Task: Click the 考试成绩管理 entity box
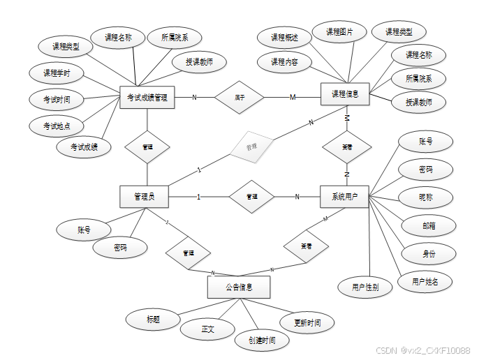[x=147, y=98]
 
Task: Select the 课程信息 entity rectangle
[x=345, y=94]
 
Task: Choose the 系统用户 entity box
[x=344, y=197]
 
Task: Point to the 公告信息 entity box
[x=239, y=287]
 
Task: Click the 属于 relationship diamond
[x=239, y=97]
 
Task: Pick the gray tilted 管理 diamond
[x=251, y=147]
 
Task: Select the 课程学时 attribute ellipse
[x=57, y=73]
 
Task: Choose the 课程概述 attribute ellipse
[x=284, y=37]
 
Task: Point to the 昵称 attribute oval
[x=426, y=197]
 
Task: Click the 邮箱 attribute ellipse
[x=429, y=225]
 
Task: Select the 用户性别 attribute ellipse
[x=365, y=287]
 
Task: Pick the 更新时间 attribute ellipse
[x=307, y=323]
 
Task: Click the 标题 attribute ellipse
[x=153, y=320]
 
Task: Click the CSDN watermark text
[x=422, y=350]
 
